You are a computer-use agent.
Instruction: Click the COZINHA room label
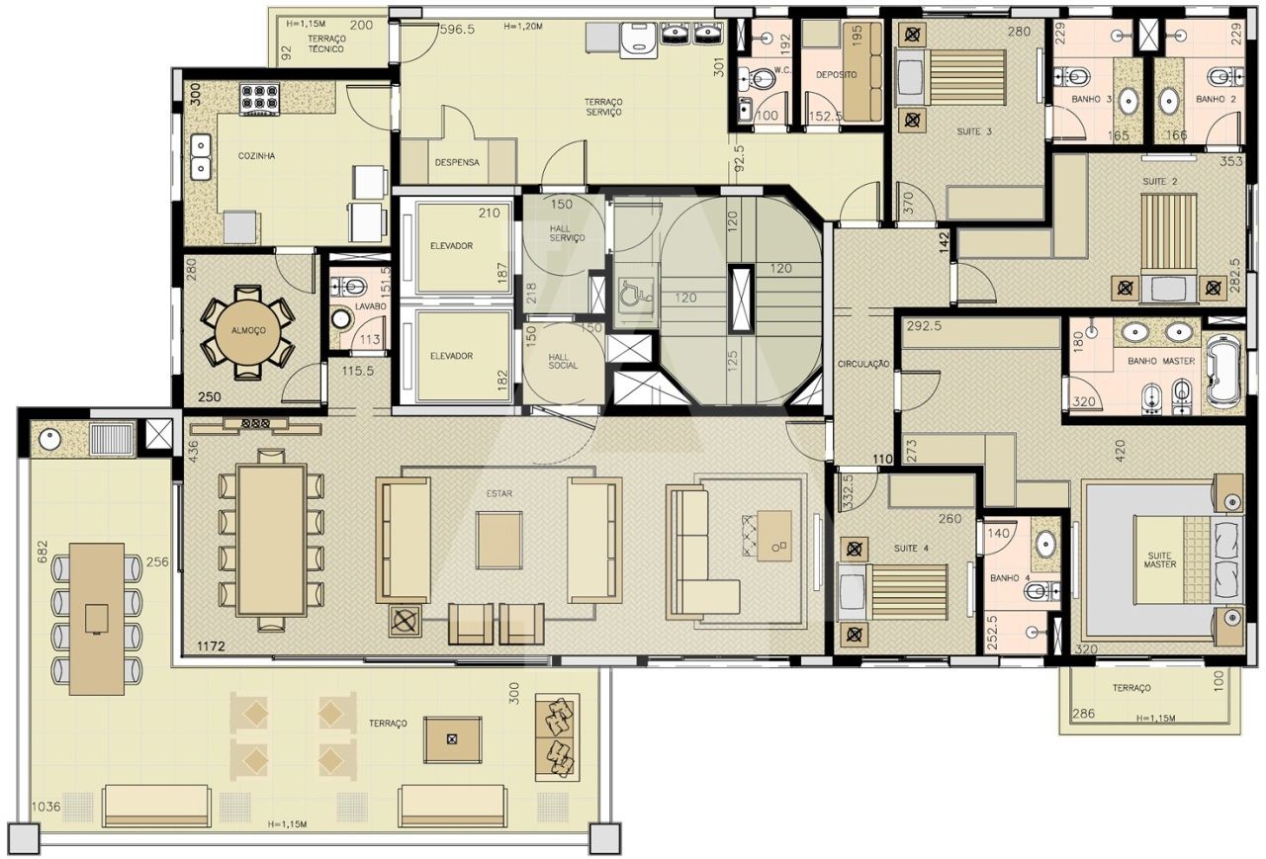tap(256, 156)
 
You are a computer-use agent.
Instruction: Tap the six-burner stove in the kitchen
tap(259, 100)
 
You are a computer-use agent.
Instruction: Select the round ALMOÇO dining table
tap(248, 331)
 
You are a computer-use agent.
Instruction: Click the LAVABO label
tap(370, 306)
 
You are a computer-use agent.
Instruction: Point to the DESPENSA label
tap(457, 163)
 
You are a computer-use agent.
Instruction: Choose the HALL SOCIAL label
tap(563, 362)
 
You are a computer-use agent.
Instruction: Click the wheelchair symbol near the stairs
tap(636, 293)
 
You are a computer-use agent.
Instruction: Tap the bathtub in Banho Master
tap(1224, 371)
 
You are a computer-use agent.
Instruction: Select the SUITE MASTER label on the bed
tap(1160, 559)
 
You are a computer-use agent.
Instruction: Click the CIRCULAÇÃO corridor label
tap(863, 365)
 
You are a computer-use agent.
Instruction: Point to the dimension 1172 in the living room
tap(211, 646)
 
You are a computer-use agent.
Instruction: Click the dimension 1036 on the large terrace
tap(45, 807)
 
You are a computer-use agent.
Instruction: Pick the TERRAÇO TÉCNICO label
tap(326, 43)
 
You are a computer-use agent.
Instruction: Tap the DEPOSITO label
tap(836, 74)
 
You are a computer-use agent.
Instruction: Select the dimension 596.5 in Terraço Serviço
tap(457, 30)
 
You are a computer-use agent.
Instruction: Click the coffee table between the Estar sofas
tap(498, 540)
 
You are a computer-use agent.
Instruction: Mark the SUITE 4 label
tap(911, 549)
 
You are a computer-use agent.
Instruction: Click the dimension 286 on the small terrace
tap(1083, 714)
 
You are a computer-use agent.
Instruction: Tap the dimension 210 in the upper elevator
tap(489, 213)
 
